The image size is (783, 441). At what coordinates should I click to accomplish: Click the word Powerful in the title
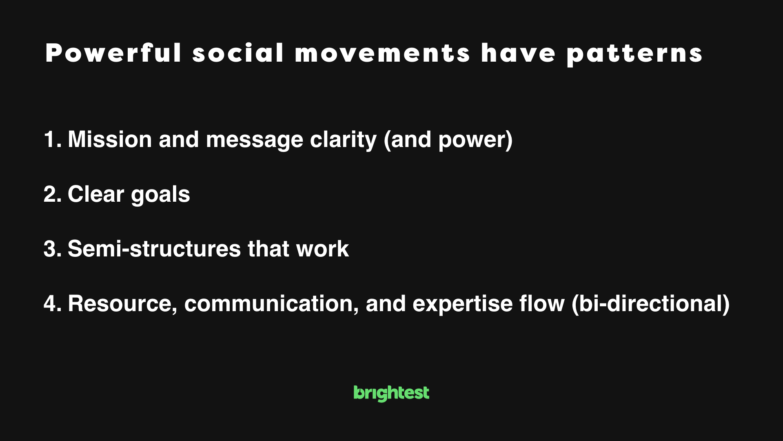(113, 53)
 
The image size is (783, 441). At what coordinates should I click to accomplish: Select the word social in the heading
(238, 53)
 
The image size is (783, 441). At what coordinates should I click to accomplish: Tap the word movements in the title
(383, 53)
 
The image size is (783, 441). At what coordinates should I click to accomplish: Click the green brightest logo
(391, 393)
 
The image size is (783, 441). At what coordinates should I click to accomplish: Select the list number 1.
(53, 140)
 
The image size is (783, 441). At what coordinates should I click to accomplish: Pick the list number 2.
(53, 194)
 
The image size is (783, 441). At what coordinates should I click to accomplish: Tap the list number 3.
(53, 249)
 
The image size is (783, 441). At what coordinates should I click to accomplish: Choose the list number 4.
(53, 304)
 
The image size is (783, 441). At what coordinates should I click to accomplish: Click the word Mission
(110, 140)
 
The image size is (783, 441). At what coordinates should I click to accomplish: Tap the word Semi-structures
(154, 249)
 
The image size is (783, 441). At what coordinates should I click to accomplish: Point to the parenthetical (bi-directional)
(650, 305)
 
